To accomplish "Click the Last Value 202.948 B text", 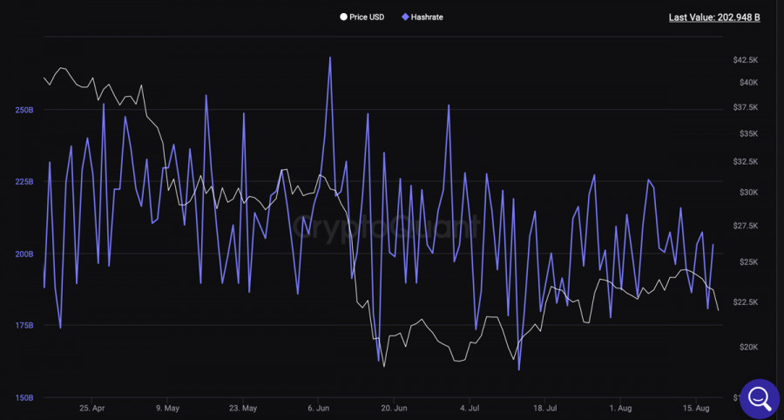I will click(x=713, y=17).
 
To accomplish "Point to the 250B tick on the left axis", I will click(x=24, y=110).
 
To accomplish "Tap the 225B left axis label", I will click(x=24, y=182).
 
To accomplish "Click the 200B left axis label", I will click(x=24, y=254).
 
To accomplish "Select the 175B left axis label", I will click(x=24, y=326).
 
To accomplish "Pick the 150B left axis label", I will click(x=24, y=398).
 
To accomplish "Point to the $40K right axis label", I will click(x=748, y=82).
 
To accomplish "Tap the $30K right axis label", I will click(x=748, y=192).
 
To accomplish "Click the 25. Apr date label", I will click(x=91, y=408).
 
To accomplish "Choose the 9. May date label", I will click(x=167, y=408).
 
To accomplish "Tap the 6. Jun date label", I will click(x=319, y=408).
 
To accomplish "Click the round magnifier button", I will click(x=759, y=397).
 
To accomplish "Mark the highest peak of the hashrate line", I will click(x=330, y=58).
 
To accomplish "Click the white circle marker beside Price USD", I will click(x=344, y=17).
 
